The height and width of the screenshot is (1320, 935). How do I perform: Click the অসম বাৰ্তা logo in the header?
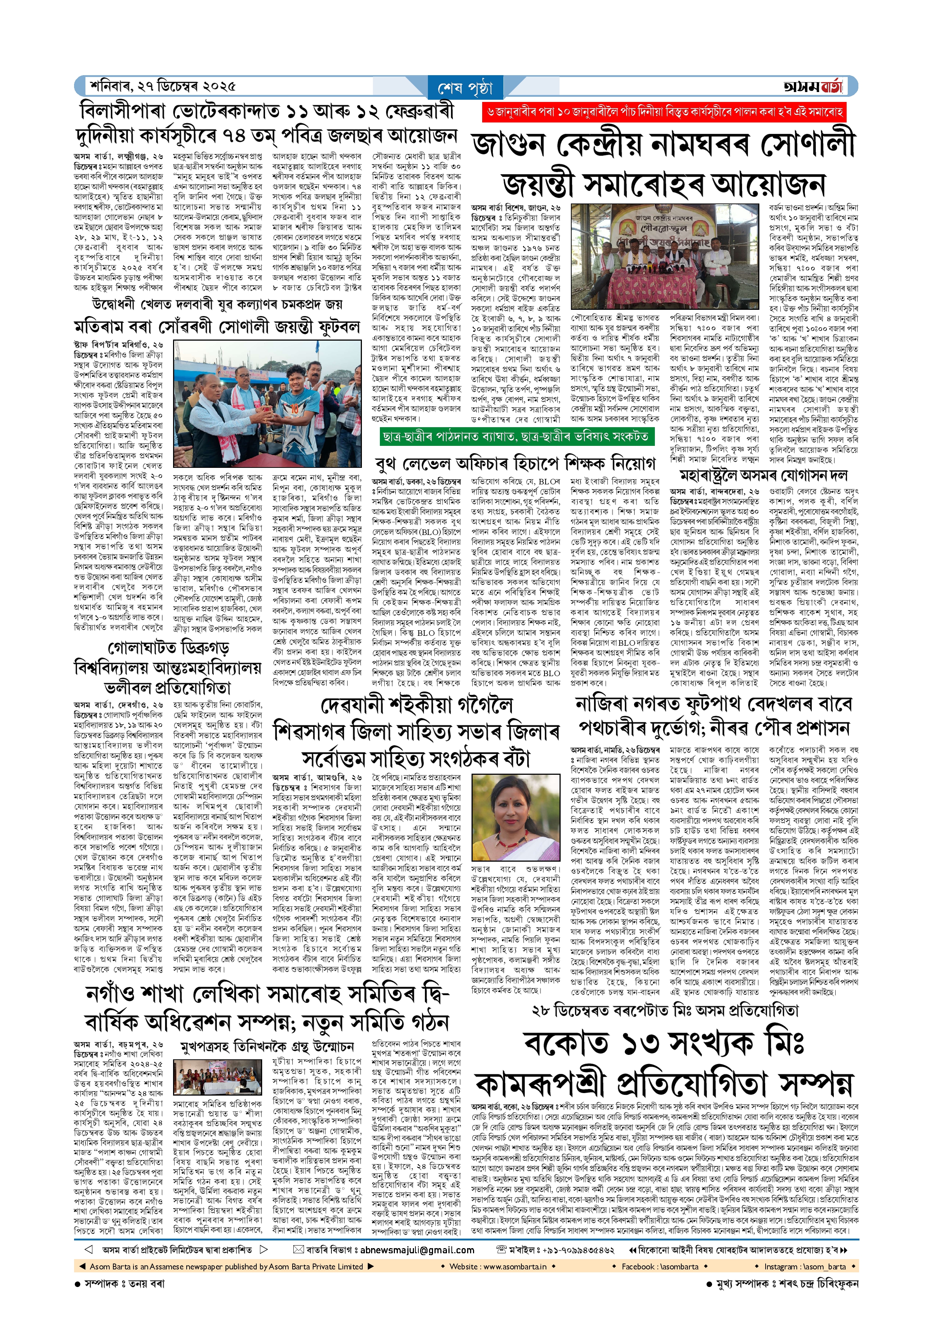[813, 86]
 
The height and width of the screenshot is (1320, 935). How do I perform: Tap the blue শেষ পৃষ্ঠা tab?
[465, 88]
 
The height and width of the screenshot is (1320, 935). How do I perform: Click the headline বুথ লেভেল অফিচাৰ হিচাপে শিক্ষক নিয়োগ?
[515, 463]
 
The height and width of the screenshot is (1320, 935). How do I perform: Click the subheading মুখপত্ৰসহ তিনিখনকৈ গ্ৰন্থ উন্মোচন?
[267, 1046]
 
